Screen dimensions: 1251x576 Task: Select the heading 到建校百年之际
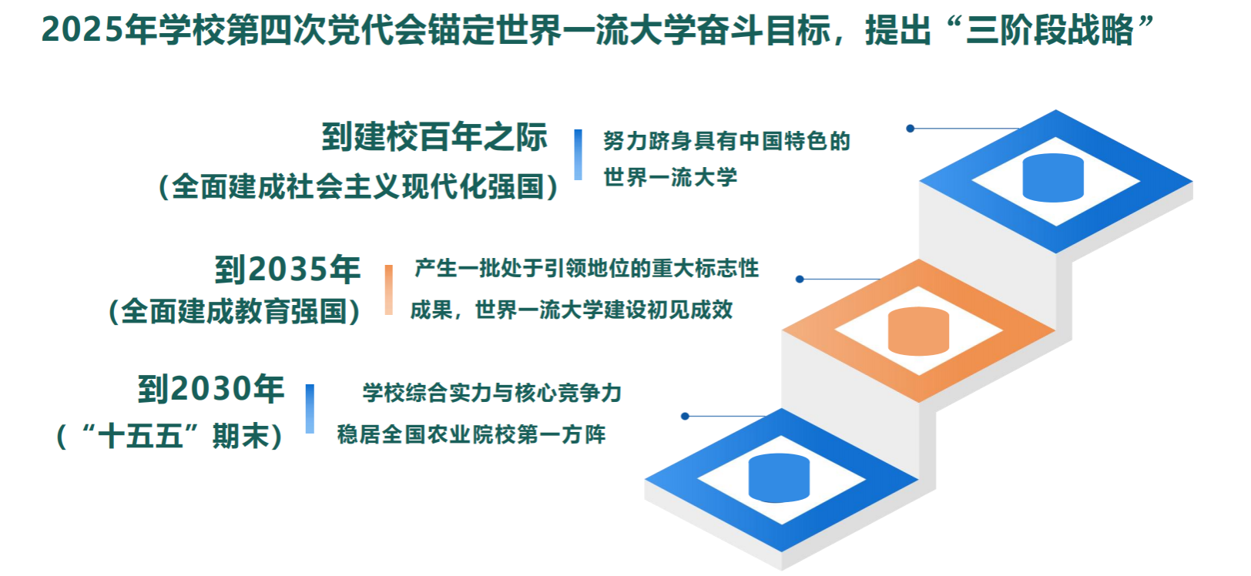click(434, 137)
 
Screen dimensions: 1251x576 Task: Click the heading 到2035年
click(287, 270)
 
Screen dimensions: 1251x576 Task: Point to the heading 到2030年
click(211, 389)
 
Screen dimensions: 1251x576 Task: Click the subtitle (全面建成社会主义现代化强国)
click(358, 186)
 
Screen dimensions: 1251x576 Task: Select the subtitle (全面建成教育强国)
click(234, 311)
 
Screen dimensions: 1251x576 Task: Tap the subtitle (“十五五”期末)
click(169, 436)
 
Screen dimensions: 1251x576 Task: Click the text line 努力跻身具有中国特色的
click(726, 141)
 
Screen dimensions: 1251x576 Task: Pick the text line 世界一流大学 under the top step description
click(670, 177)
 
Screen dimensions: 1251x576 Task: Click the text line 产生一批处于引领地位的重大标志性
click(586, 269)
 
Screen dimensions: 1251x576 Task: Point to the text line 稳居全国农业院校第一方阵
click(471, 434)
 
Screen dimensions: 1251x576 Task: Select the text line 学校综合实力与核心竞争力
click(492, 393)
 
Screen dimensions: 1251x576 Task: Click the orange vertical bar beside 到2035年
click(389, 290)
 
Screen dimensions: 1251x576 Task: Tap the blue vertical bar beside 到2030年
click(310, 409)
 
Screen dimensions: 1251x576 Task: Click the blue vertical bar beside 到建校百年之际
click(578, 155)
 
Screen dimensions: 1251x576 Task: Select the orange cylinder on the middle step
click(919, 331)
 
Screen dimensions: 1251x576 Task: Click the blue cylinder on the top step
click(1053, 177)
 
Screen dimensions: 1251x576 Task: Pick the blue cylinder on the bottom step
click(779, 477)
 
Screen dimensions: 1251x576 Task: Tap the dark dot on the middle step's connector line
click(800, 279)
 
